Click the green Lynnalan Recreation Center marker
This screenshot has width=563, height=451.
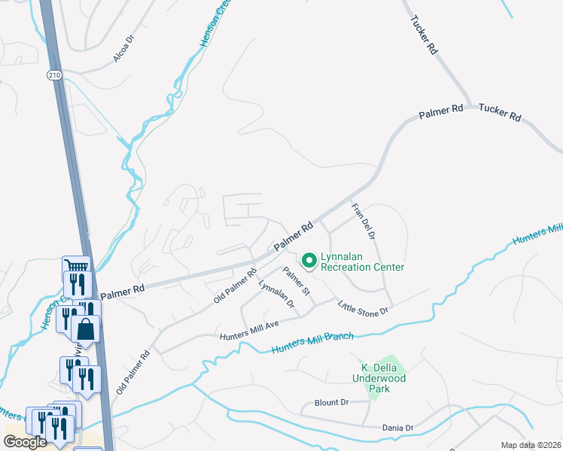click(x=309, y=261)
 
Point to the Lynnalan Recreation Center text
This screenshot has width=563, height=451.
click(x=362, y=262)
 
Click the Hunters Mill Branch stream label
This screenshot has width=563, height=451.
click(x=312, y=342)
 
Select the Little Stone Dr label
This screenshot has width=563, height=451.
click(x=363, y=308)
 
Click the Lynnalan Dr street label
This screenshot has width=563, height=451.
click(x=276, y=294)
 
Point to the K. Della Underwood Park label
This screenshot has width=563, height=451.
click(x=383, y=374)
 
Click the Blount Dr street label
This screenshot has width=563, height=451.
click(x=333, y=402)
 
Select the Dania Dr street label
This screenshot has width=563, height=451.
click(x=398, y=428)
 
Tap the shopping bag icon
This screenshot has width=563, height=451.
click(x=87, y=329)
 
